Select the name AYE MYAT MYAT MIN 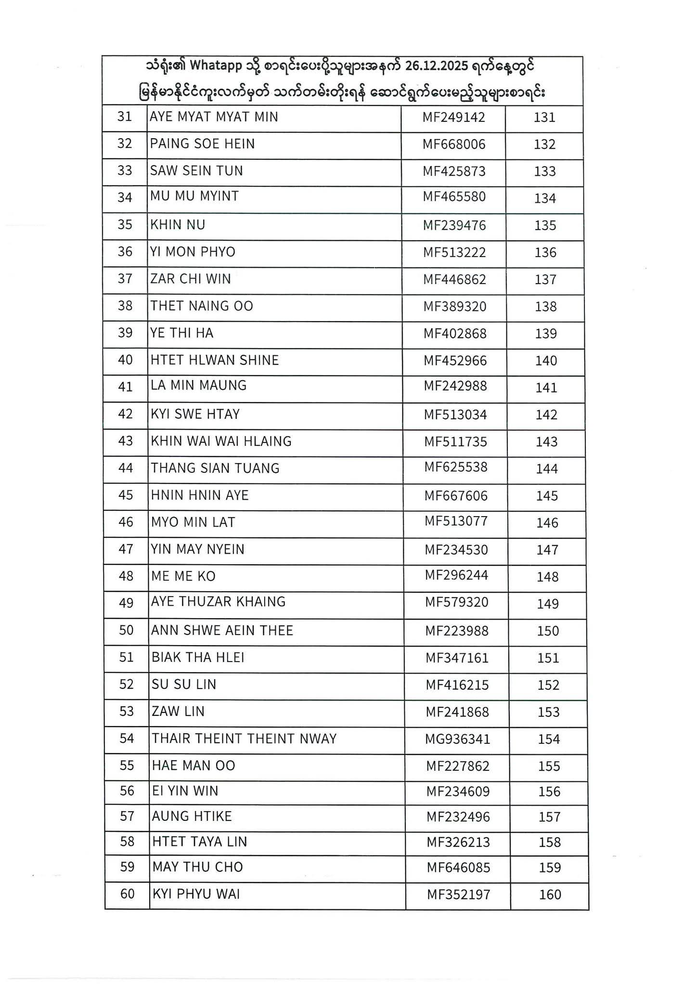point(214,117)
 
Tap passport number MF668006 point(454,144)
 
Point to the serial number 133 point(545,171)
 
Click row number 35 point(125,225)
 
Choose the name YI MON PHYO point(193,252)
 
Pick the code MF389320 point(455,307)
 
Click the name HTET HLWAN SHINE point(215,361)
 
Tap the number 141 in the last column point(546,388)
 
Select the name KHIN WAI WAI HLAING point(221,441)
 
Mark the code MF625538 point(456,467)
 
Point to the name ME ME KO point(183,576)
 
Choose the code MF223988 point(457,631)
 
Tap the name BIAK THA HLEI point(198,658)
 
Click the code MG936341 point(457,739)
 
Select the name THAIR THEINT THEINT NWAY point(244,739)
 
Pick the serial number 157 point(550,817)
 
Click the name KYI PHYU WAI point(196,895)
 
